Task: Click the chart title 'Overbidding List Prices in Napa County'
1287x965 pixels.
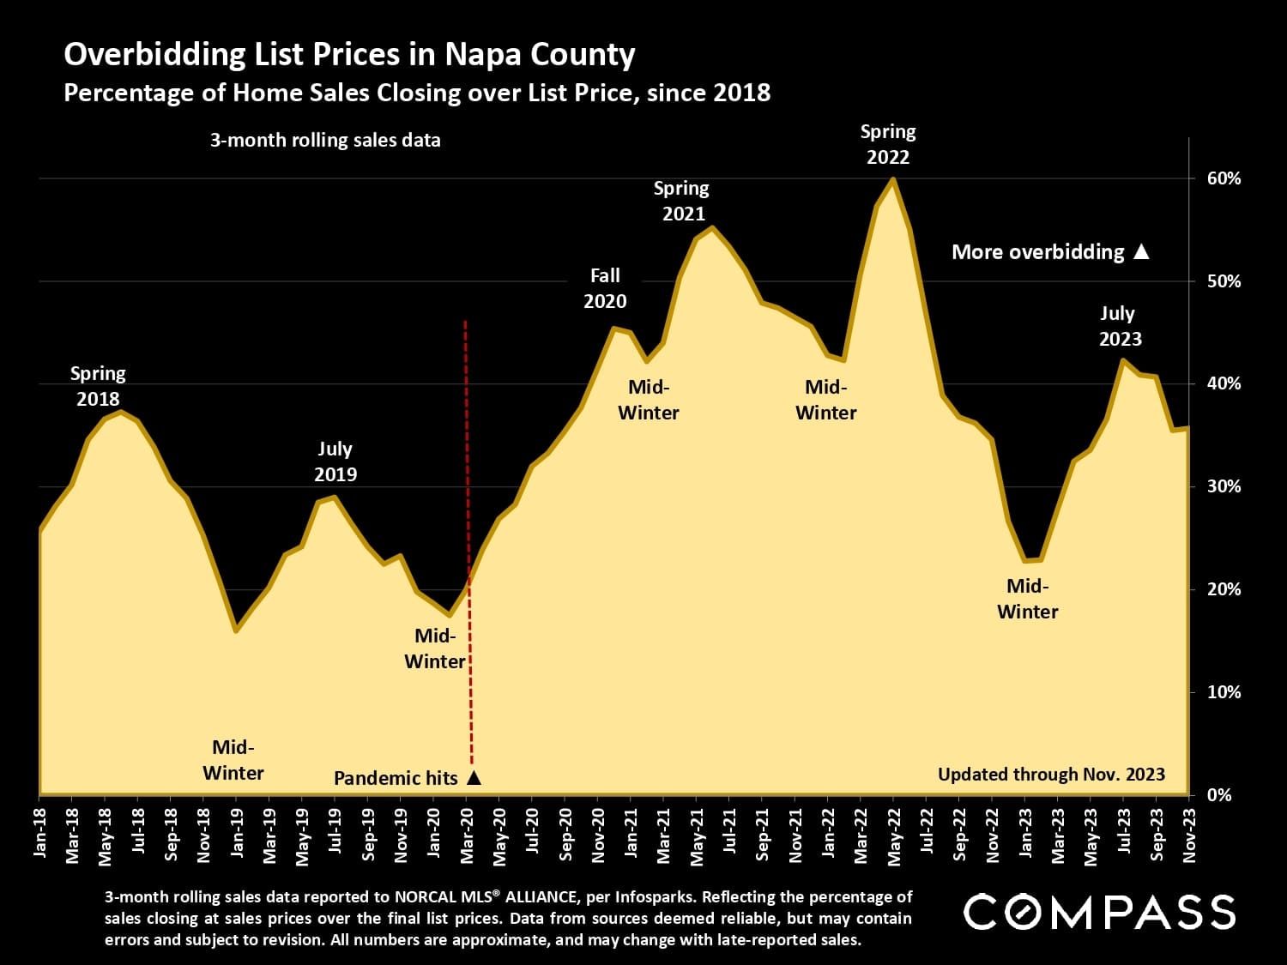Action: coord(349,54)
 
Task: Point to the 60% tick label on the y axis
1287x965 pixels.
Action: coord(1224,178)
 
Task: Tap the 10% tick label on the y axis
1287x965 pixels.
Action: coord(1224,692)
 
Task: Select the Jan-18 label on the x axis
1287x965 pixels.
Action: coord(40,828)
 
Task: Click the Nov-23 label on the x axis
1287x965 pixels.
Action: coord(1190,828)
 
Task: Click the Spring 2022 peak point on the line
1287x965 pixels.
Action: coord(893,179)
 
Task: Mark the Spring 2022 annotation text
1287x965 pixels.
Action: coord(888,144)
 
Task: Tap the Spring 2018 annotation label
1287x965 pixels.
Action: coord(98,386)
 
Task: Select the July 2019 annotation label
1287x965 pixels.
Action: coord(335,461)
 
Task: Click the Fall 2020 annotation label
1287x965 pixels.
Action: coord(605,288)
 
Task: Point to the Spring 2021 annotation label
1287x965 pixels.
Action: coord(682,201)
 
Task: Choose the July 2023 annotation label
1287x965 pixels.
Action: coord(1120,326)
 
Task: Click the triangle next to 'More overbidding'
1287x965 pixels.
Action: coord(1141,251)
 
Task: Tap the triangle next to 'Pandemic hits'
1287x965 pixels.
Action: coord(474,778)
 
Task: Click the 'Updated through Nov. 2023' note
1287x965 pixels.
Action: coord(1051,775)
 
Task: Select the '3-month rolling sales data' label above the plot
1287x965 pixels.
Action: coord(325,141)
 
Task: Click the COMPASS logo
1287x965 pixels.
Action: coord(1099,911)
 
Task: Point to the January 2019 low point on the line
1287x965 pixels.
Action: coord(236,630)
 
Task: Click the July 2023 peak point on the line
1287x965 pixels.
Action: coord(1123,360)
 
